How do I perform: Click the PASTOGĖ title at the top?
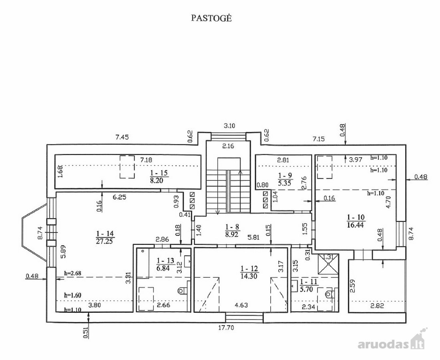(211, 18)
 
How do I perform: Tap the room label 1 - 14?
(106, 234)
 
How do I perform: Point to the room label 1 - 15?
(159, 173)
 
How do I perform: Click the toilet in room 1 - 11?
(329, 294)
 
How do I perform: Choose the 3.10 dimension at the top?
(229, 126)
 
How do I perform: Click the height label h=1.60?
(73, 295)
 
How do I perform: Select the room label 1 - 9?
(285, 175)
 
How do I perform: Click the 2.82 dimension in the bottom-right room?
(377, 306)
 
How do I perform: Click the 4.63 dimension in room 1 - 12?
(241, 305)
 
